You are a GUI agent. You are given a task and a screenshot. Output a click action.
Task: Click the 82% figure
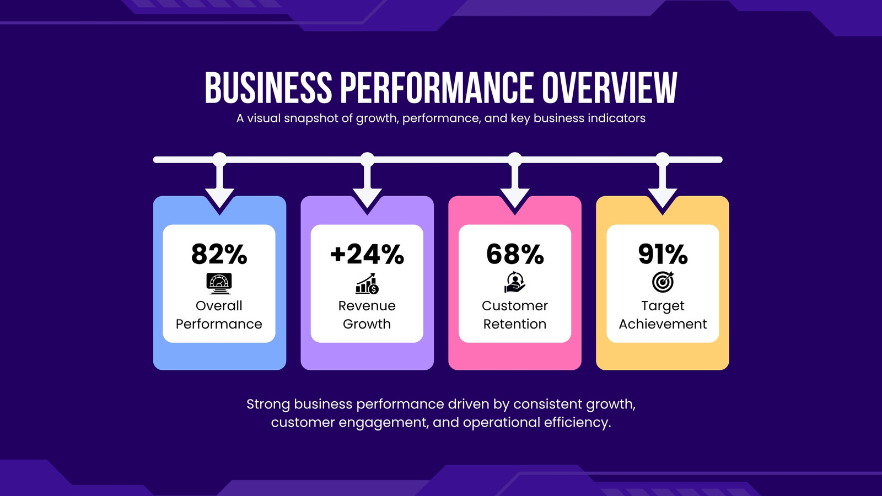(219, 254)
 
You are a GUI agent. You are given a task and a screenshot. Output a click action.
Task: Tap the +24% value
(367, 254)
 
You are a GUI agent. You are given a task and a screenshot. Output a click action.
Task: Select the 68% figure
(515, 254)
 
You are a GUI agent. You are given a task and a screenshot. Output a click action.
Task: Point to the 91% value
(663, 254)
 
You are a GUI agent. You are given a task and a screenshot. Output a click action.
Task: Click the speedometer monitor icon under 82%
(219, 283)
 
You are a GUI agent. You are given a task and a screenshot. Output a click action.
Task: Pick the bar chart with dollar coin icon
(367, 283)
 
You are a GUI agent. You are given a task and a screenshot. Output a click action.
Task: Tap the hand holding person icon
(515, 282)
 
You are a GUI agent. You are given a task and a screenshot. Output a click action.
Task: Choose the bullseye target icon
(663, 282)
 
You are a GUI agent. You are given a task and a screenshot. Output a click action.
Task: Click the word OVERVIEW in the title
(610, 88)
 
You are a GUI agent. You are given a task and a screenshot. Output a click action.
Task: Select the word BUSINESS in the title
(268, 88)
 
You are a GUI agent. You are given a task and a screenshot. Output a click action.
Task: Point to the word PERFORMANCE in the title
(437, 88)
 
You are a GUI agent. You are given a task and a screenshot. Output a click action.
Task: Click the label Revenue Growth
(367, 315)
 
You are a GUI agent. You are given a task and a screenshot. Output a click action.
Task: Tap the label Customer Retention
(515, 315)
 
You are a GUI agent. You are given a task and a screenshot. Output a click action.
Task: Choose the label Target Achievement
(663, 315)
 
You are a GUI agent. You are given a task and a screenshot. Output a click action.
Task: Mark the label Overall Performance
(219, 315)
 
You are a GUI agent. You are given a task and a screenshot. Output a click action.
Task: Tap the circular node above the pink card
(515, 159)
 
